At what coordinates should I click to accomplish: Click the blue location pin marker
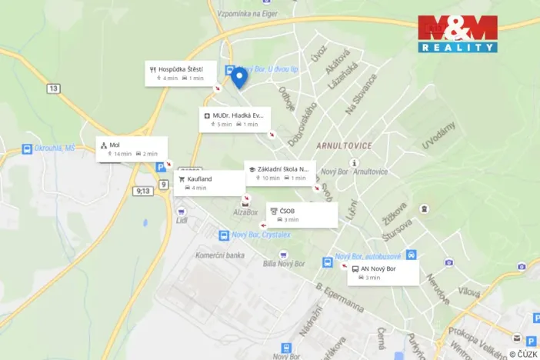click(239, 77)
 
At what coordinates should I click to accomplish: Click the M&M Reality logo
click(458, 34)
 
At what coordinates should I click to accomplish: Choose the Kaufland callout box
click(209, 183)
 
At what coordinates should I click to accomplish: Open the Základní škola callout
click(279, 173)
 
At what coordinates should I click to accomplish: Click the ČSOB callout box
click(302, 215)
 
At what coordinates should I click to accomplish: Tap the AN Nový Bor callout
click(382, 273)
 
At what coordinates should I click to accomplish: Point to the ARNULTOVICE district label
click(344, 145)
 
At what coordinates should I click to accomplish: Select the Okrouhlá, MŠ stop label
click(54, 148)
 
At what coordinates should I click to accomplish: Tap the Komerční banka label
click(219, 255)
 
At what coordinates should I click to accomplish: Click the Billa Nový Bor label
click(285, 264)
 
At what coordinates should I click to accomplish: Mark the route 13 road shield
click(52, 89)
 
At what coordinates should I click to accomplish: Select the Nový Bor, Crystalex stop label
click(262, 235)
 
